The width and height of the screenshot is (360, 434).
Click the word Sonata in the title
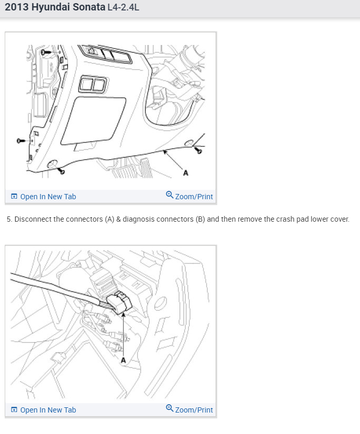[89, 7]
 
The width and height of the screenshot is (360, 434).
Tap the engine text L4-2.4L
[123, 7]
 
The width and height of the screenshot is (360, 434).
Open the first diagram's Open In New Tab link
[48, 197]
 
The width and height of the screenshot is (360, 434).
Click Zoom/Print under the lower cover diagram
[194, 197]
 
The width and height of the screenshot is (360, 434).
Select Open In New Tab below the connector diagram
[48, 410]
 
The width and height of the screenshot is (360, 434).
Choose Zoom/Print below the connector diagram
[194, 410]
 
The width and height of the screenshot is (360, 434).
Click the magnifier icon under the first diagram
[170, 195]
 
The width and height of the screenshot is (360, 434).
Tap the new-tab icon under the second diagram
[14, 409]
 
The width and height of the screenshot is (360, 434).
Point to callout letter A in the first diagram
[186, 173]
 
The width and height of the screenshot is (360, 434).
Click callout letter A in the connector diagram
[123, 360]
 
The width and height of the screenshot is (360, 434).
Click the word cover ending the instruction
[340, 219]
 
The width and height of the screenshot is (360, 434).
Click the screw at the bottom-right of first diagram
[199, 151]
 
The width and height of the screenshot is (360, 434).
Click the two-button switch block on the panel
[93, 84]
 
